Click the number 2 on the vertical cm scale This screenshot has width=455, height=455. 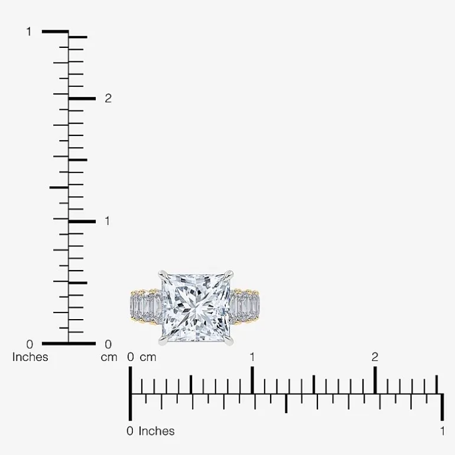(x=108, y=99)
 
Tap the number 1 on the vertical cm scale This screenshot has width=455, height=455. (x=108, y=221)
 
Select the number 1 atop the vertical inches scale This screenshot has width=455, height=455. (x=29, y=32)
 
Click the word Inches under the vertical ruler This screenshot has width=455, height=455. (x=30, y=357)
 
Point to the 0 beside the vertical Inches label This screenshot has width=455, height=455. (x=30, y=344)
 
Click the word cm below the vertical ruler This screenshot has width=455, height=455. (x=109, y=357)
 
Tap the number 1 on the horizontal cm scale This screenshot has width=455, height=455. (x=252, y=357)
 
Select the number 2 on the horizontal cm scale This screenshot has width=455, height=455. (x=375, y=357)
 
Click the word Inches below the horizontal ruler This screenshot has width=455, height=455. (x=157, y=431)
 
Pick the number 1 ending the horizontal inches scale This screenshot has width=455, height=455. (x=442, y=431)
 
